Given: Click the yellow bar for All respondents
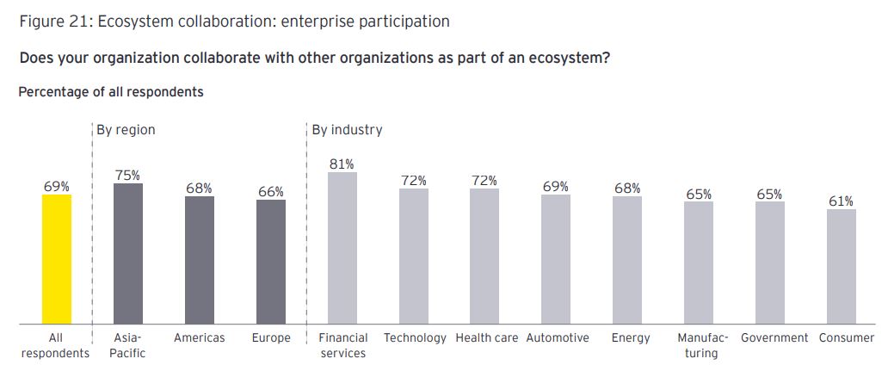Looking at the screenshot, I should tap(56, 259).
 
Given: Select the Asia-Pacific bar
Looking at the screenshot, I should tap(128, 254).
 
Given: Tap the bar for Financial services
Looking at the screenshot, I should tap(342, 248).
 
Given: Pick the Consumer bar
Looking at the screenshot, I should tap(842, 267).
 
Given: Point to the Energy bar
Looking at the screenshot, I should tap(627, 260).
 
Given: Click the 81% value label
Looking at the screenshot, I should tap(342, 164).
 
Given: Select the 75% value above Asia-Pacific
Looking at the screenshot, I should tap(128, 175).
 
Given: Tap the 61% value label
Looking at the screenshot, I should tap(842, 201).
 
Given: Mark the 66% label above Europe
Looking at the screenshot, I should tap(271, 192).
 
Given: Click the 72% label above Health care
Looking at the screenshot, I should tap(484, 181).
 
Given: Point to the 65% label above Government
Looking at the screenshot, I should tap(769, 195).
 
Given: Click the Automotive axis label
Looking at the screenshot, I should tap(558, 337).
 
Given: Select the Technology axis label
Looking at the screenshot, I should tap(415, 337).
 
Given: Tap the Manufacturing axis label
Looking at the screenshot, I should tap(702, 345).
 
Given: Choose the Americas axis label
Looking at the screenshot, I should tap(199, 337).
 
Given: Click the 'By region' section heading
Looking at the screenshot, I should tap(126, 130).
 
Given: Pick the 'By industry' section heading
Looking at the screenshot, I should tap(347, 130).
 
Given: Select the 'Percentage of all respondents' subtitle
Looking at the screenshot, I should tap(111, 91).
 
